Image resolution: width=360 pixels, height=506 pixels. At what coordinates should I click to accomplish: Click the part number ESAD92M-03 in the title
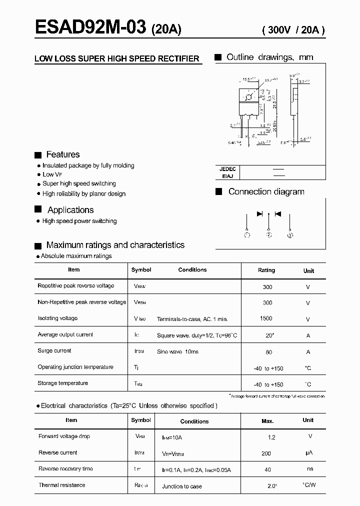tap(90, 27)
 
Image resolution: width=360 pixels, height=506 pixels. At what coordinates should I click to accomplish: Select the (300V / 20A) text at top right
tap(293, 29)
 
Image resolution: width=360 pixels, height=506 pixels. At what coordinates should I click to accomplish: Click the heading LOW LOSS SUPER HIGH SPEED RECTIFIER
tap(117, 58)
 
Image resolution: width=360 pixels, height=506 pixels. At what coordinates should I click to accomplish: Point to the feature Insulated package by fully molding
tap(88, 165)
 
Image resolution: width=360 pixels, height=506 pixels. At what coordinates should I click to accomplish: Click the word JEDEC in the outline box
tap(227, 169)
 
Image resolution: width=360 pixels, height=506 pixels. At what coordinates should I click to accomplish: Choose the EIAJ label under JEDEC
tap(226, 175)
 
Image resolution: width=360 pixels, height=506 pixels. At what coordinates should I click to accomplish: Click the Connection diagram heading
tap(266, 191)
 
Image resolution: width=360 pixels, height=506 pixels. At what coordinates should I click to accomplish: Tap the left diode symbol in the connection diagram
tap(259, 213)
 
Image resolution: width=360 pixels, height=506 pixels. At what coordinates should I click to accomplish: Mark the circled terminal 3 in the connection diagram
tap(290, 234)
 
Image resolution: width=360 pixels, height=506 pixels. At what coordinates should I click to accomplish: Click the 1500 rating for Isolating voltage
tap(266, 318)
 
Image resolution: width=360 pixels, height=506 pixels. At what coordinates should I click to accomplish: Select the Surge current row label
tap(54, 351)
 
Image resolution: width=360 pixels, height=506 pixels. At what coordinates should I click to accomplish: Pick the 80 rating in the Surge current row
tap(269, 352)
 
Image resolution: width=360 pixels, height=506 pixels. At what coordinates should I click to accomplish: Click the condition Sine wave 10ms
tap(177, 351)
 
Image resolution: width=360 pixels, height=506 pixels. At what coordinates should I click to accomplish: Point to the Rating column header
tap(266, 270)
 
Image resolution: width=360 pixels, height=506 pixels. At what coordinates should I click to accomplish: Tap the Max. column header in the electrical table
tap(267, 421)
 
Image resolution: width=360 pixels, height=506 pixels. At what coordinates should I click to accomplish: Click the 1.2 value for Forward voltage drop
tap(271, 437)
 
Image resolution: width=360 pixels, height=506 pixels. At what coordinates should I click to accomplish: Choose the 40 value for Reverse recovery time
tap(268, 469)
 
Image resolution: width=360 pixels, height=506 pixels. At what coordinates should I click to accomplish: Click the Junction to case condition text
tap(182, 486)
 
